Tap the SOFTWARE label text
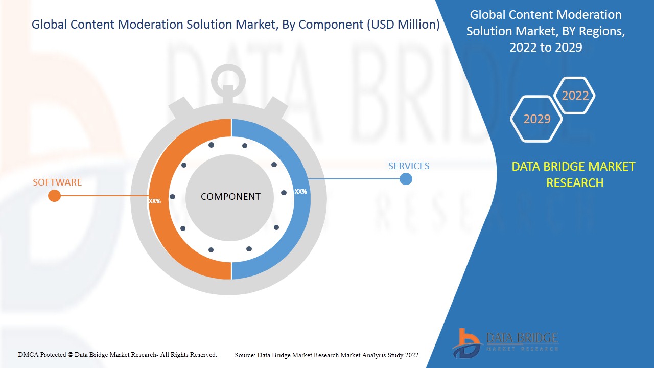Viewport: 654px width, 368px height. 57,182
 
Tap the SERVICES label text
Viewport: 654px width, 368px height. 409,166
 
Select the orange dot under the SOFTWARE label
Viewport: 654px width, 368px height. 54,196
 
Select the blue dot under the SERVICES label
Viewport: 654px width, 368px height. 406,179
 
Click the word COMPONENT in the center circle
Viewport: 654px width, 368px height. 230,197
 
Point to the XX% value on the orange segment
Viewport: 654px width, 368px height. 154,201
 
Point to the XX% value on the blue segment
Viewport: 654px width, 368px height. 300,192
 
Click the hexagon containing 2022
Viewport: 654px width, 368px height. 575,96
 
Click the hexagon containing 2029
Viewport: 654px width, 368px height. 536,119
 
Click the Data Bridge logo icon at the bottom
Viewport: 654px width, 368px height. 466,342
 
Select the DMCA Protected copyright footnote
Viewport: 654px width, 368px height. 118,354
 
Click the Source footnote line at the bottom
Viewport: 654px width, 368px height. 326,355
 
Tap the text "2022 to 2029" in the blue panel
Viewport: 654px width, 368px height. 546,48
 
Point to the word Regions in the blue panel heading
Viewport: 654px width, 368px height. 603,31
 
